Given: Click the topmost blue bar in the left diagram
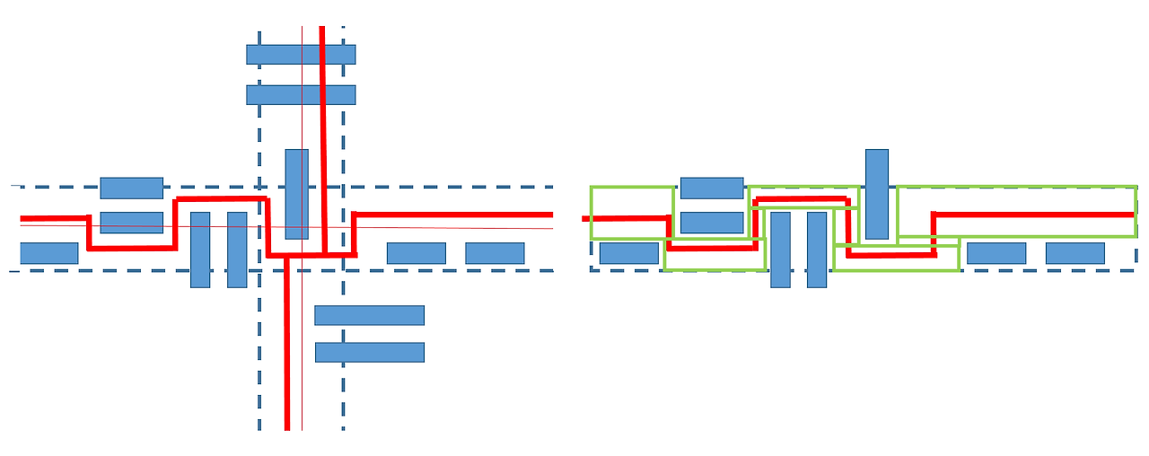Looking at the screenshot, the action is click(301, 55).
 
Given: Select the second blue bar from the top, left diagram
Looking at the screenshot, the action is click(301, 95).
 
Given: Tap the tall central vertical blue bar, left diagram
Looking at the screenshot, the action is click(296, 193).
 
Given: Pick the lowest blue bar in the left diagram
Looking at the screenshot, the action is click(369, 352).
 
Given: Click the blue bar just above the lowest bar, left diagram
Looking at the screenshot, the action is click(369, 315).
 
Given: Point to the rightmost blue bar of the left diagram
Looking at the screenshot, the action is click(495, 253).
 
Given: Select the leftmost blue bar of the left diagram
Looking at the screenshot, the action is click(48, 253).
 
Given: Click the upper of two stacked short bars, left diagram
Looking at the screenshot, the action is click(131, 188).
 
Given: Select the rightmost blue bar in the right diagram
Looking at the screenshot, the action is click(1074, 253).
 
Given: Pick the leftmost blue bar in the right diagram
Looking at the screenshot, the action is click(628, 253).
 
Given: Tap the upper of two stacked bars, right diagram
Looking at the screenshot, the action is click(712, 188).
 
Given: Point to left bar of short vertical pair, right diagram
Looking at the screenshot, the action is click(780, 260).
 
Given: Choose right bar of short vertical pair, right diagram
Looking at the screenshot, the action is click(817, 260).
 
